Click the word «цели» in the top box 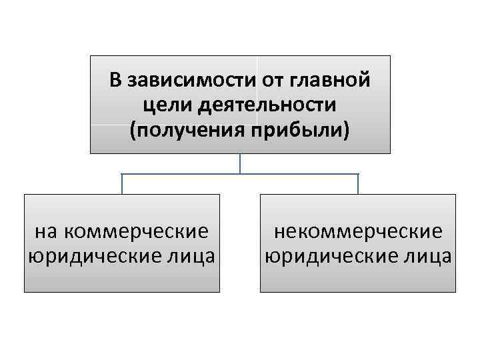161,105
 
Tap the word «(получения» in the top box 181,129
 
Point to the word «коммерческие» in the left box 138,232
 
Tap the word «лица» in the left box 189,256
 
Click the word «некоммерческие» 358,232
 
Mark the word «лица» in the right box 426,256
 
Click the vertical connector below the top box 240,164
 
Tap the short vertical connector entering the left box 122,185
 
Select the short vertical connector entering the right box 358,185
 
